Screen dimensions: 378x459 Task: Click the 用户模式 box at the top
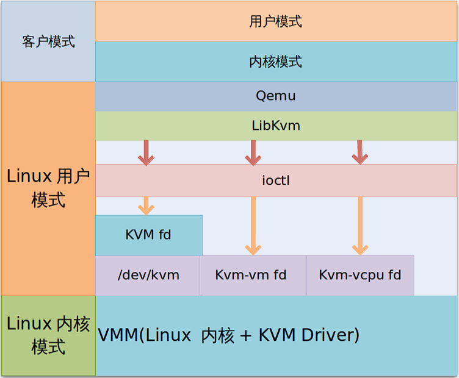276,21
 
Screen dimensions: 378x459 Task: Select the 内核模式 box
276,62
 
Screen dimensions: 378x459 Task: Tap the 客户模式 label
48,41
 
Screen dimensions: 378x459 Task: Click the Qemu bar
276,96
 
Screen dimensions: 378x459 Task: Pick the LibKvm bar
276,126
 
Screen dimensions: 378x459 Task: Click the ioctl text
276,180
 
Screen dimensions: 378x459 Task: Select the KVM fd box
148,235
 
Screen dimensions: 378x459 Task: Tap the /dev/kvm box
148,275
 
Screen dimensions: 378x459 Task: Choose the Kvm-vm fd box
251,275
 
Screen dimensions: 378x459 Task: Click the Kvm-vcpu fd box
360,275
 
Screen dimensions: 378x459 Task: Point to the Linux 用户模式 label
48,188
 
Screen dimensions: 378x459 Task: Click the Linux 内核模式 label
48,335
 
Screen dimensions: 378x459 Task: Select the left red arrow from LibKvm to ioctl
146,153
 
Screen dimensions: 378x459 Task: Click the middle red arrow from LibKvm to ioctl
253,153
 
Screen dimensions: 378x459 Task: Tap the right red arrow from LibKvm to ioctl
360,153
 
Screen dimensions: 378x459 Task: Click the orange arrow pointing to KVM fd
146,205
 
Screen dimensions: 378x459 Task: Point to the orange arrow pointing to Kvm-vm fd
253,226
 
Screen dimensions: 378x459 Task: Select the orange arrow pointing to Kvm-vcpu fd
360,226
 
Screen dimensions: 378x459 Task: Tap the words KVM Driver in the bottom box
306,335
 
